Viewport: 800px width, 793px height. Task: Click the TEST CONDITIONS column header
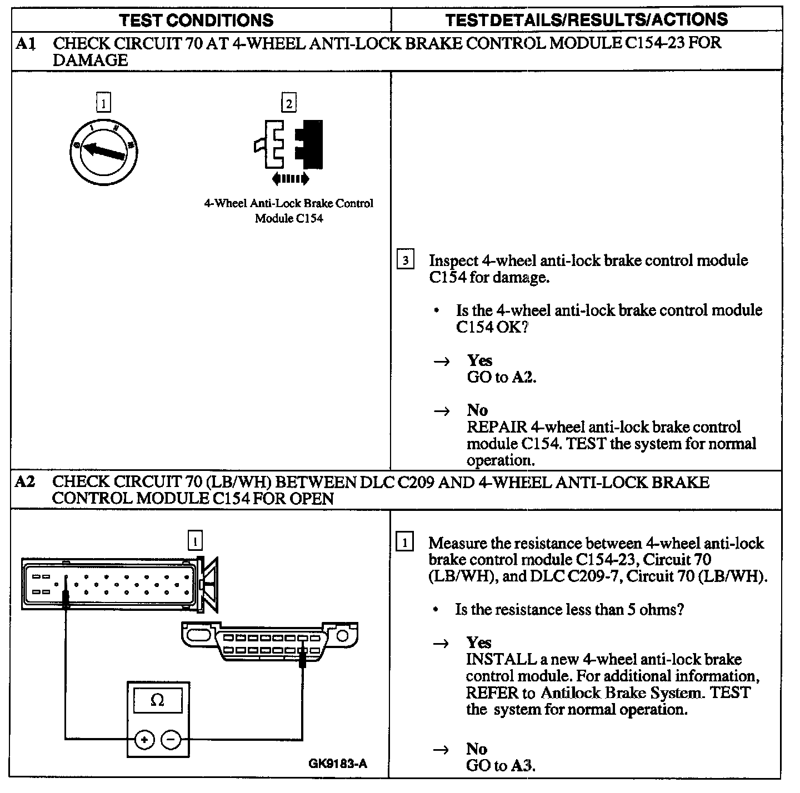197,21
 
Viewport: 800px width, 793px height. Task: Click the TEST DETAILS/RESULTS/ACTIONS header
586,20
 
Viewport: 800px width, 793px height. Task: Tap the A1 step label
26,43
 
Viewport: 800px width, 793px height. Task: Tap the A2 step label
26,481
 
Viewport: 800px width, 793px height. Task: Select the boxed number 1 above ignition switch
103,103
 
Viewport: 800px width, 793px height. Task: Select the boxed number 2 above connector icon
288,103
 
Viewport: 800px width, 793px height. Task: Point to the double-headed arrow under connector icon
290,179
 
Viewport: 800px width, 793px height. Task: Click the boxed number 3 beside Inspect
406,260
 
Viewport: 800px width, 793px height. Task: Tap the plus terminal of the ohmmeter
144,740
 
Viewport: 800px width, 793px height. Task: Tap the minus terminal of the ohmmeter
171,740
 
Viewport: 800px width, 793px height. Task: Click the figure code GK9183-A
338,763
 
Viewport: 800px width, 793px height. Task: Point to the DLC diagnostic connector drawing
270,641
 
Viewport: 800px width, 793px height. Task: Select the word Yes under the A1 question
479,360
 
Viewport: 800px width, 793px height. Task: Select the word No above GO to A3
477,749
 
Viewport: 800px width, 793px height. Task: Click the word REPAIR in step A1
497,427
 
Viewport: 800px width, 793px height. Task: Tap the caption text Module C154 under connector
289,218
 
